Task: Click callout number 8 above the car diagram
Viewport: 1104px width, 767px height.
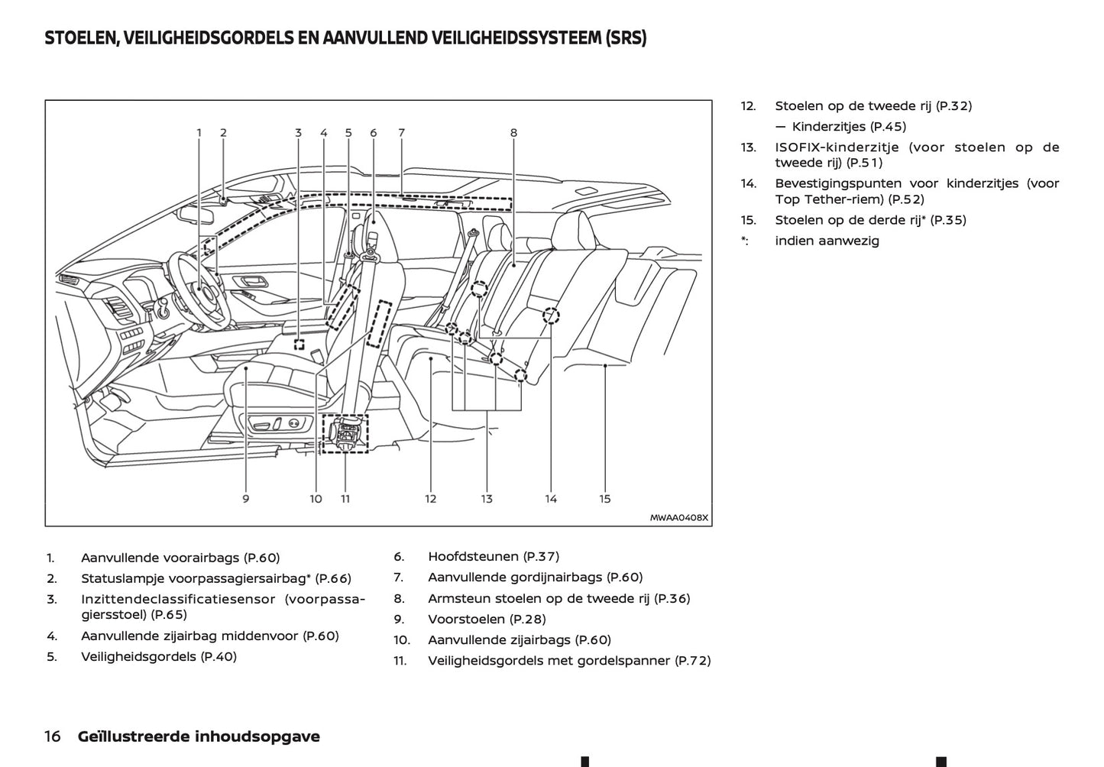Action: click(x=513, y=132)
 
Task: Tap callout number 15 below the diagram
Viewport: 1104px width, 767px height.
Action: click(x=605, y=499)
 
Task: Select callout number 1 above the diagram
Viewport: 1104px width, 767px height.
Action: click(x=199, y=132)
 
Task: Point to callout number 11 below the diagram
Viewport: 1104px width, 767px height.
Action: click(x=345, y=499)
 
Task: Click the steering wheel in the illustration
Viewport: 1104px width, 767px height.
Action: click(x=200, y=290)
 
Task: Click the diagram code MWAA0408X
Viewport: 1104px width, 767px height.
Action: click(x=679, y=517)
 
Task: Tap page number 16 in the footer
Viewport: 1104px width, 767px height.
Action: click(x=53, y=736)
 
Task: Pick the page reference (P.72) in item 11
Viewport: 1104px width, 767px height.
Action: click(x=693, y=661)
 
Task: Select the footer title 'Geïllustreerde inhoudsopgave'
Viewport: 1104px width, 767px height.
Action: click(x=199, y=736)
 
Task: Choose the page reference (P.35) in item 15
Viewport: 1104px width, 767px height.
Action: click(x=948, y=220)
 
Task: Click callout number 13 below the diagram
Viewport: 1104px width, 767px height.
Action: click(x=487, y=499)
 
